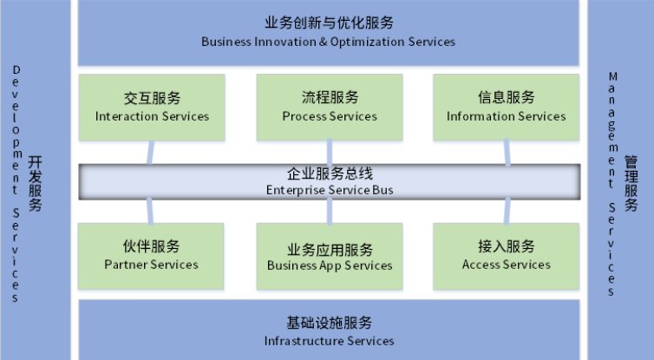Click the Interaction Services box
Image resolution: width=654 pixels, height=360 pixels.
[152, 108]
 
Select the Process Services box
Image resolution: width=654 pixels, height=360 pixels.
[329, 108]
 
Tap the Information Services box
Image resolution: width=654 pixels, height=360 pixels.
[506, 108]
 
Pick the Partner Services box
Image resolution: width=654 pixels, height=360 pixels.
[152, 256]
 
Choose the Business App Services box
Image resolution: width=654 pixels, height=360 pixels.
[329, 256]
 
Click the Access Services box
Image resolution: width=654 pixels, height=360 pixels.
[506, 256]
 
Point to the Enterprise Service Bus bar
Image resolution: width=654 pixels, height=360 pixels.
[329, 180]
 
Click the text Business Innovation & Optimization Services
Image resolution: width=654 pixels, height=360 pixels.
[328, 42]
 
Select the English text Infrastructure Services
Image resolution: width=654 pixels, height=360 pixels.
[329, 341]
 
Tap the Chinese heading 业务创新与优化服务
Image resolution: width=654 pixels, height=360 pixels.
[328, 23]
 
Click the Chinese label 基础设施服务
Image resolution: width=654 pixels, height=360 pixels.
[329, 323]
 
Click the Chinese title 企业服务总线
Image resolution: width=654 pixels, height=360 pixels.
[329, 173]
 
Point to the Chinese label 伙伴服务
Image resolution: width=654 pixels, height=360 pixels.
[151, 246]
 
